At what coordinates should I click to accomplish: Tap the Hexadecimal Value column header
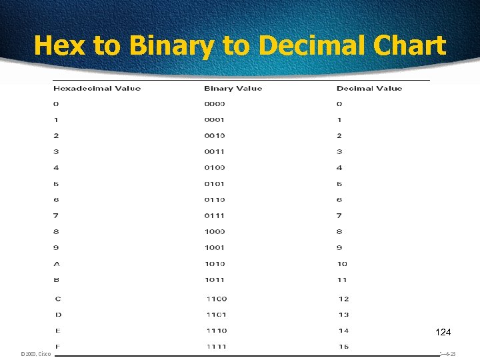97,88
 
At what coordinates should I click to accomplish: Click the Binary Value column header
233,88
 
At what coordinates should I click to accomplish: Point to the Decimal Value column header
369,88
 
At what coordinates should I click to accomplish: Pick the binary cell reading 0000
215,104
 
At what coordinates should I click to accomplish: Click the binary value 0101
215,184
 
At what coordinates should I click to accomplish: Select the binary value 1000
215,232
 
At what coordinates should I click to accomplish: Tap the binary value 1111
217,347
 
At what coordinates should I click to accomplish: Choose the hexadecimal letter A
57,264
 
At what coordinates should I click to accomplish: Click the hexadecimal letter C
58,299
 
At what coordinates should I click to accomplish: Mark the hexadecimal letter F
58,347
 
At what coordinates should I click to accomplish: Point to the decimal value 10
342,264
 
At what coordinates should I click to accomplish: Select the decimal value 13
344,315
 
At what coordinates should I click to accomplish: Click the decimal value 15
344,347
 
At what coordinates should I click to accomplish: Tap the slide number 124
443,332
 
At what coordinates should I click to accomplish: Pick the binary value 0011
215,152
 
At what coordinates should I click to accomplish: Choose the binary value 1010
215,264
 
